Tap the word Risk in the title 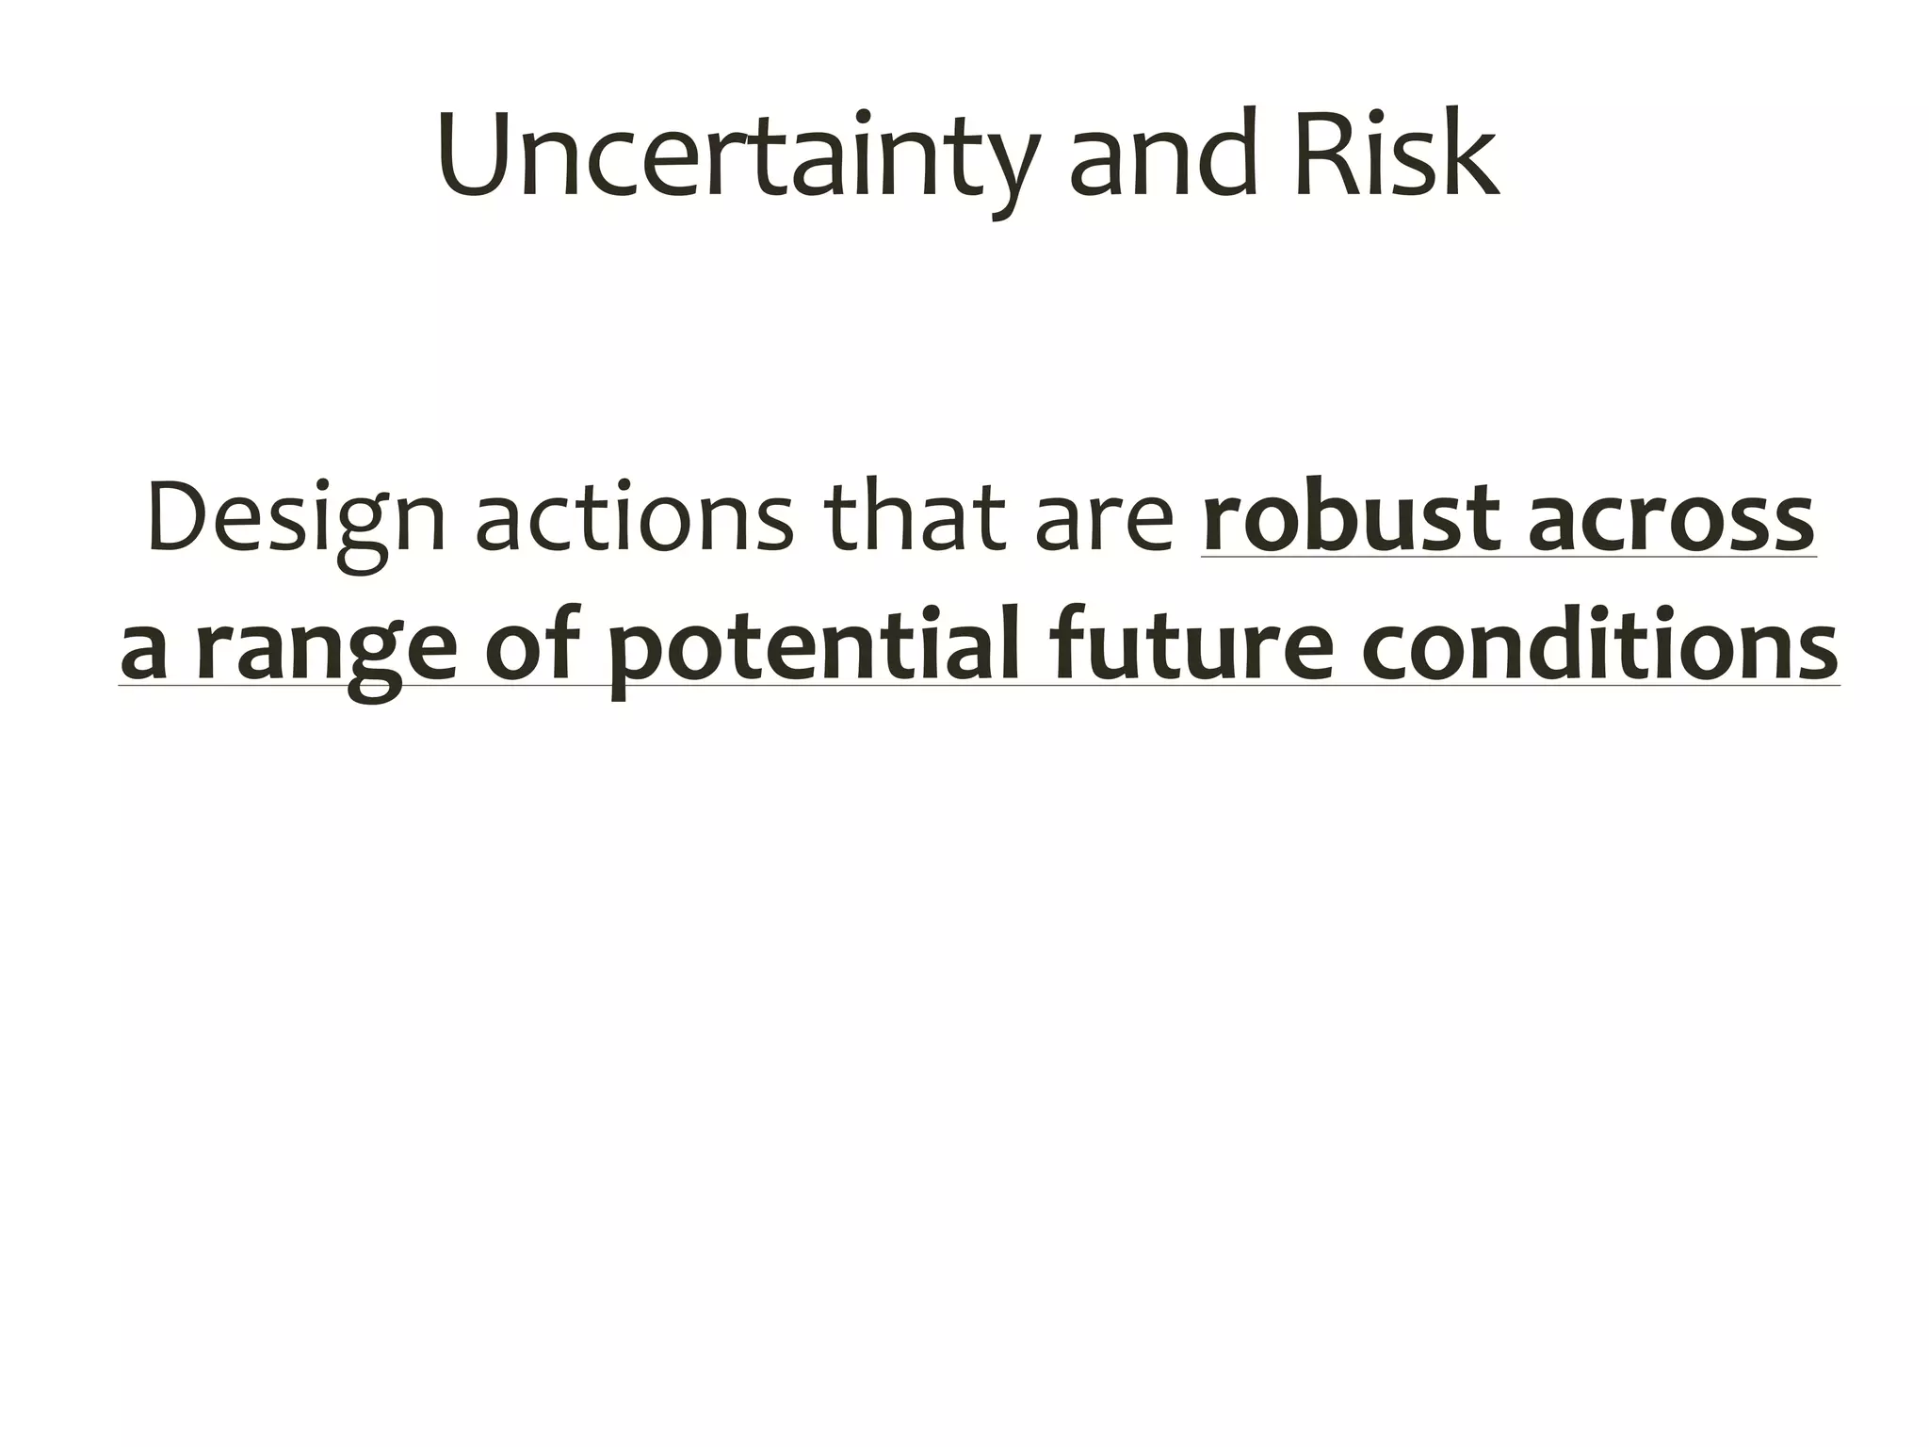coord(1397,155)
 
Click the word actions coord(634,519)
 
